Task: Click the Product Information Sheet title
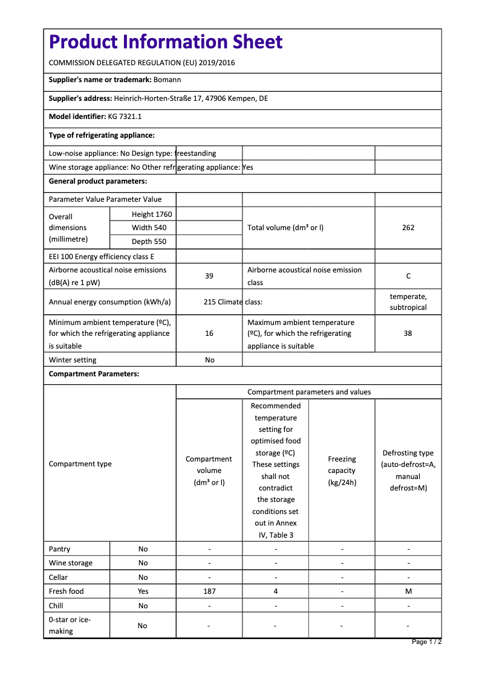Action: pyautogui.click(x=165, y=42)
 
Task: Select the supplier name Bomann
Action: pyautogui.click(x=167, y=80)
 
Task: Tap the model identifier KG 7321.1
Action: pyautogui.click(x=125, y=117)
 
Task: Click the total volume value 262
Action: pyautogui.click(x=408, y=228)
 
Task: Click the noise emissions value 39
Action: pyautogui.click(x=209, y=276)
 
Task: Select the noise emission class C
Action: pyautogui.click(x=408, y=276)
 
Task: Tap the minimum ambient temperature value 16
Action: pyautogui.click(x=209, y=333)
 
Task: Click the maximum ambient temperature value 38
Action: pyautogui.click(x=408, y=333)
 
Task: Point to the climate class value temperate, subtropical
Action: pyautogui.click(x=408, y=302)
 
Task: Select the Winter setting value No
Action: pyautogui.click(x=209, y=360)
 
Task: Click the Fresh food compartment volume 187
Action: pyautogui.click(x=209, y=591)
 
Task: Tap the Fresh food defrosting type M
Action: pyautogui.click(x=408, y=591)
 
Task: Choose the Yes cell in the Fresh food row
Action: pyautogui.click(x=143, y=591)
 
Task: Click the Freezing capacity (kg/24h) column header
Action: pyautogui.click(x=342, y=471)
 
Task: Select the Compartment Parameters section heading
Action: pyautogui.click(x=94, y=374)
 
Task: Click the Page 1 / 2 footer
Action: pyautogui.click(x=426, y=642)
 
